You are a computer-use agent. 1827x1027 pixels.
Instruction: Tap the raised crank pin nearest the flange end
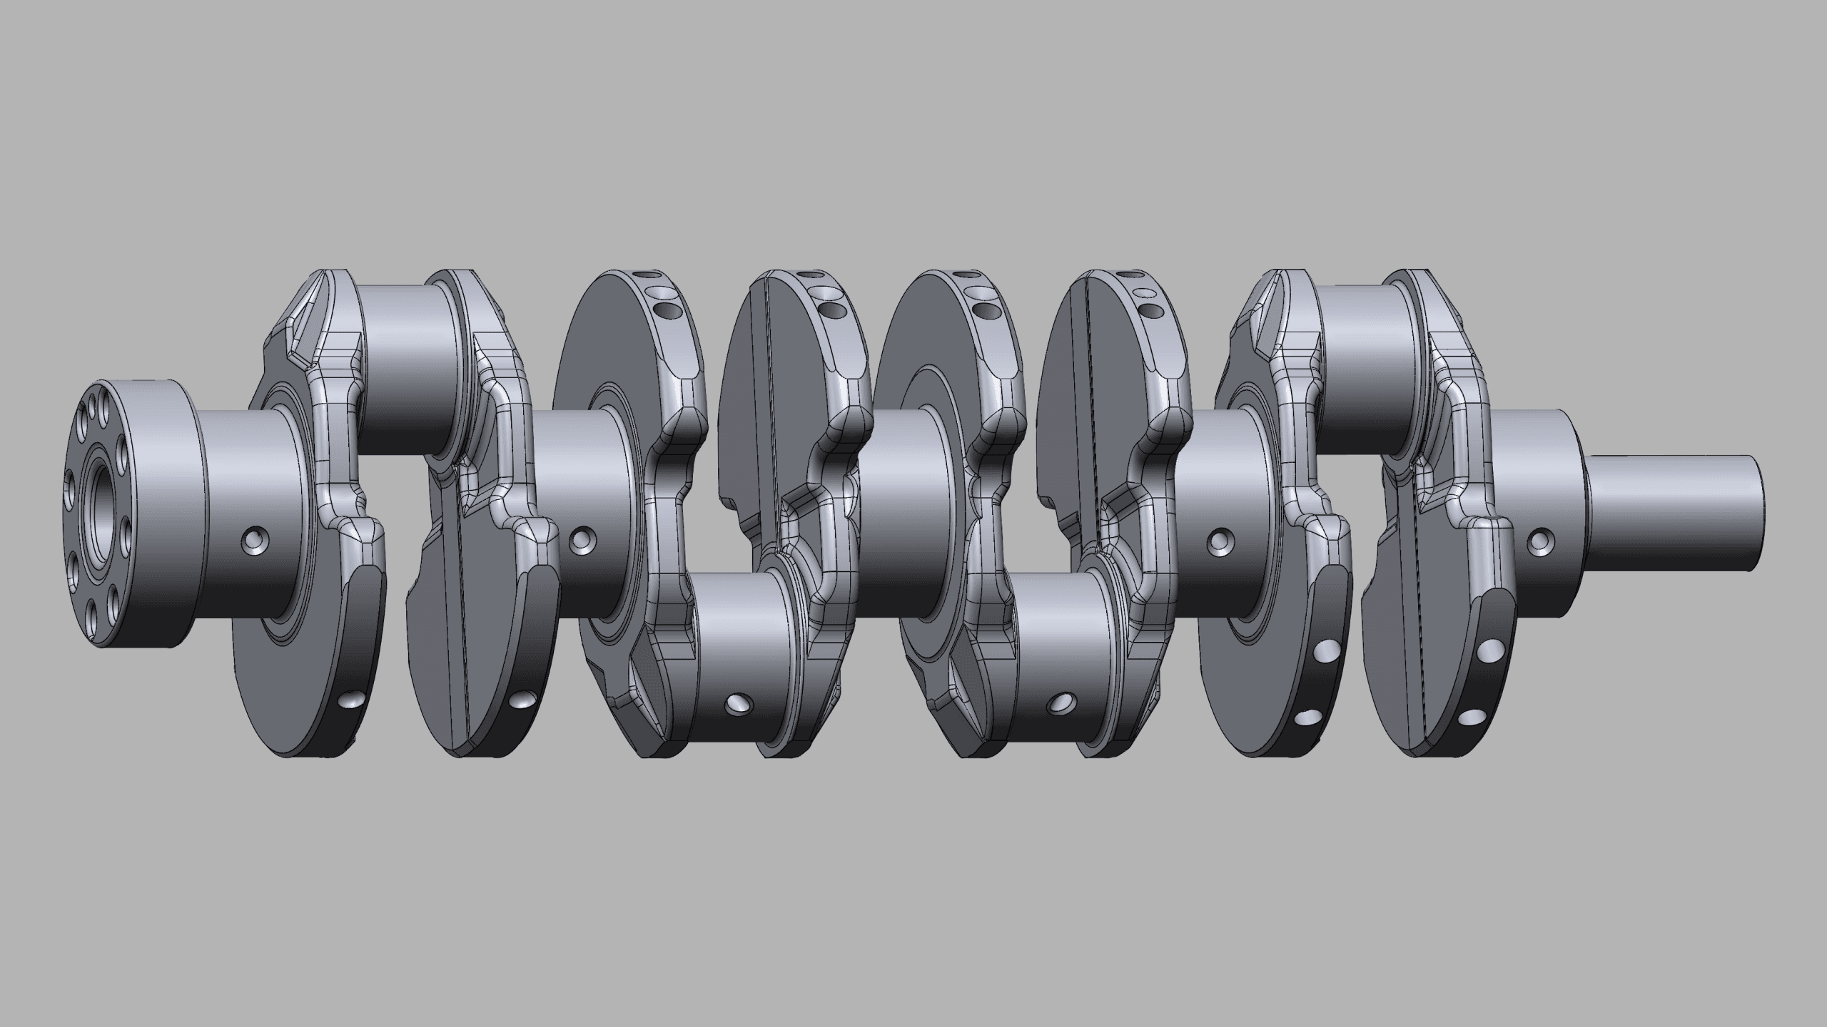coord(407,367)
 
